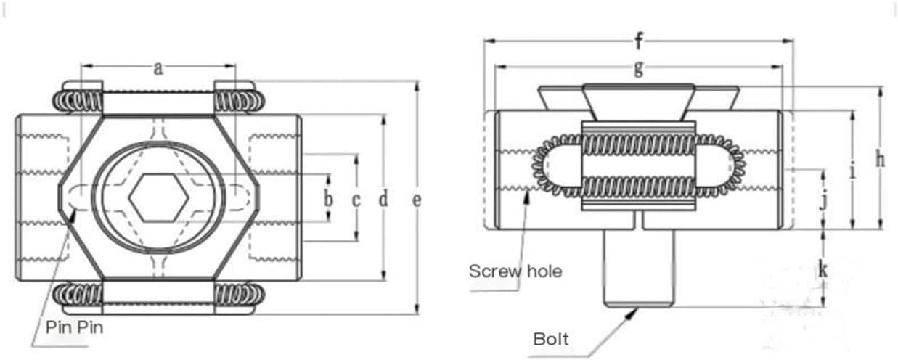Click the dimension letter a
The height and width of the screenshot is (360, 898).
[x=158, y=69]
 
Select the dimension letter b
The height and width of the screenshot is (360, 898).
[x=328, y=197]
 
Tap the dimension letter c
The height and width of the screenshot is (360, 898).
[x=356, y=198]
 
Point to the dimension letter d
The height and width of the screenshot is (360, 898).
[x=383, y=198]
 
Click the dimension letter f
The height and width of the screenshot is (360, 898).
[x=638, y=41]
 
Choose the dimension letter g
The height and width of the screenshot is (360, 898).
[x=639, y=67]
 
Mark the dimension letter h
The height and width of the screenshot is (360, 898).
[x=880, y=160]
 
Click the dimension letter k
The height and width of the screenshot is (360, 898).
[x=823, y=269]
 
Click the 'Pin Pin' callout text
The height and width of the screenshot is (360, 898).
[x=75, y=327]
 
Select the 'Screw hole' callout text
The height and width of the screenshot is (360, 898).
[x=515, y=271]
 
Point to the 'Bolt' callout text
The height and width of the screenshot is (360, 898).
[x=550, y=339]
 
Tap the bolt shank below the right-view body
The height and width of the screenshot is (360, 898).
[x=639, y=269]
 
